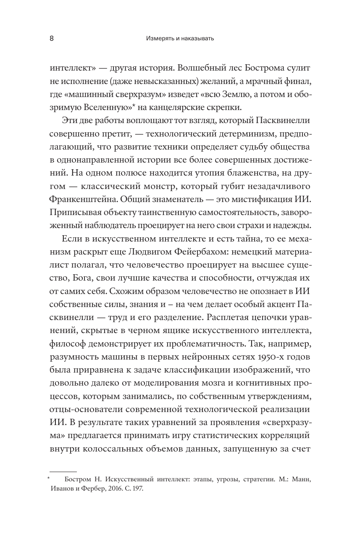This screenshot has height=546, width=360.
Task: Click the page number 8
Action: [51, 39]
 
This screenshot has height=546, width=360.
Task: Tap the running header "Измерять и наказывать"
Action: [180, 39]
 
